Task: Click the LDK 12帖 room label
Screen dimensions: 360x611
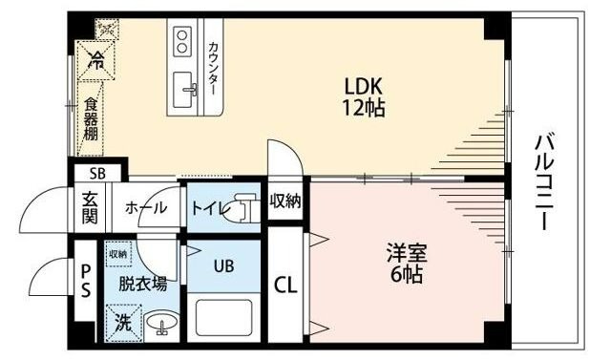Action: click(x=364, y=96)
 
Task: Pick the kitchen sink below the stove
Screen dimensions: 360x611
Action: click(x=183, y=91)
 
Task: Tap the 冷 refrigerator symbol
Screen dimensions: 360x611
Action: click(x=95, y=59)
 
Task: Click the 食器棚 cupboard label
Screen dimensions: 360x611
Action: click(x=91, y=118)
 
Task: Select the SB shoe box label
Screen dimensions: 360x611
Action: click(x=96, y=174)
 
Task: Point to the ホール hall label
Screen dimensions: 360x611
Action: click(x=147, y=207)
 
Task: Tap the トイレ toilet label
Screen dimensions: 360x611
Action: click(x=208, y=207)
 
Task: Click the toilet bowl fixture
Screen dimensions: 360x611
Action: click(x=246, y=207)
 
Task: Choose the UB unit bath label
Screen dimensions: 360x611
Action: click(x=222, y=266)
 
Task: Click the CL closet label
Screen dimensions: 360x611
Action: click(x=284, y=284)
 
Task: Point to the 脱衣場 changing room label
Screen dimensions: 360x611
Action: click(x=142, y=283)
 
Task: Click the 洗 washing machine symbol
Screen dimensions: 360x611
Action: click(x=124, y=322)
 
